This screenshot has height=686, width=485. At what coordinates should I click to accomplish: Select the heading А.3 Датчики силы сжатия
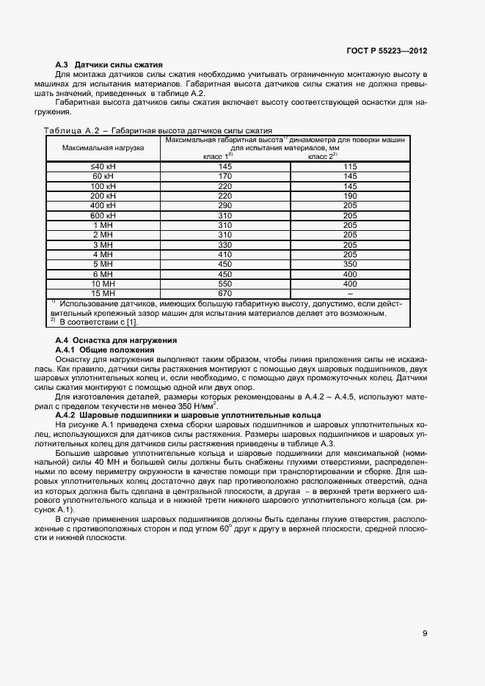[x=109, y=65]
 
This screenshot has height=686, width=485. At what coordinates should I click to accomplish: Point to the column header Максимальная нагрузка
[x=103, y=147]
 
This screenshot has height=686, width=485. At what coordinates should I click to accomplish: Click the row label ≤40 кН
[x=103, y=166]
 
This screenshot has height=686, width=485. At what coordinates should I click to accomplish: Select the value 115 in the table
[x=349, y=166]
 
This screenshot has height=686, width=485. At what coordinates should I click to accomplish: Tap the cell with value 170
[x=225, y=177]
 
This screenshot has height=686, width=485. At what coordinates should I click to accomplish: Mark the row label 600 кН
[x=103, y=215]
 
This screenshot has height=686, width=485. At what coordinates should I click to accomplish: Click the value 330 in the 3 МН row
[x=225, y=245]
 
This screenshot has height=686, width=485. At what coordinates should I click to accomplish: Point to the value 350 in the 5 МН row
[x=349, y=264]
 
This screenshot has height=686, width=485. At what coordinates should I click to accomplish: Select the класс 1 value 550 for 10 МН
[x=225, y=284]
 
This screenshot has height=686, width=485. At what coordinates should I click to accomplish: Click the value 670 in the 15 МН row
[x=225, y=293]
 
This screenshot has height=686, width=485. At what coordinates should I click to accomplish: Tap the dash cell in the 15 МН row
[x=349, y=293]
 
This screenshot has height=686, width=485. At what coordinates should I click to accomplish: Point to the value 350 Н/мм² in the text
[x=198, y=407]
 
